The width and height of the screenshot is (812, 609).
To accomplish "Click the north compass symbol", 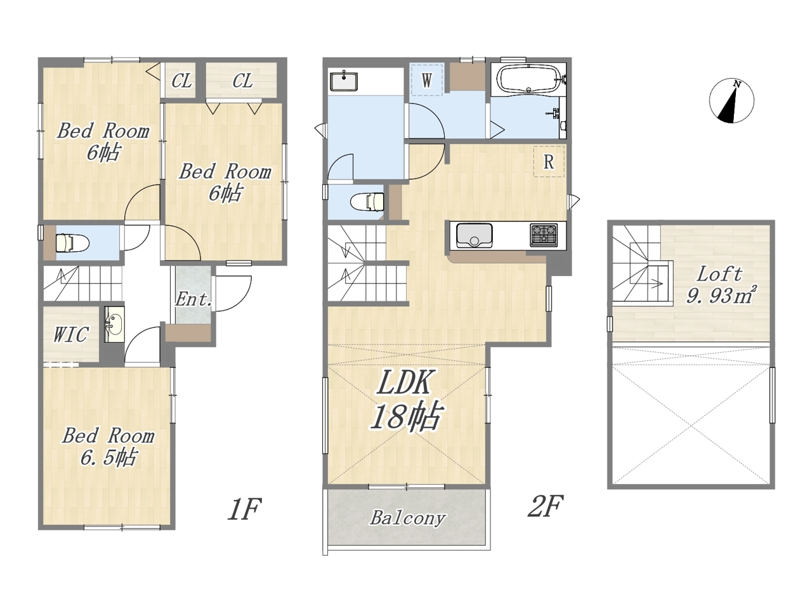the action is click(x=731, y=101).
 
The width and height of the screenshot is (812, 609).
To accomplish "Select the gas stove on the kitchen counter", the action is click(x=544, y=235).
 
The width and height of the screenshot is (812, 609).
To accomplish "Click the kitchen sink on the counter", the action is click(x=474, y=235).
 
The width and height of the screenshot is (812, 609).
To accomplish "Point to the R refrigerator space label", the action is click(x=549, y=162).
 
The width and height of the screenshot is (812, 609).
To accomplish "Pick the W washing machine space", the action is click(x=426, y=80).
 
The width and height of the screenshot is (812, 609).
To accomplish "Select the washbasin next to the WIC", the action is click(x=114, y=324).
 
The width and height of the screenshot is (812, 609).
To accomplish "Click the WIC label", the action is click(x=70, y=335).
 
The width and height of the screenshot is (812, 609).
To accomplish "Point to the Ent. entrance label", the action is click(x=193, y=299).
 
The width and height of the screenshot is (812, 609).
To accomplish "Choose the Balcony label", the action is click(x=407, y=518).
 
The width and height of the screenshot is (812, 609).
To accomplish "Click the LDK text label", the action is click(x=404, y=382).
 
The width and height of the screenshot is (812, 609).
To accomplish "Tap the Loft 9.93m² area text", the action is click(x=719, y=285).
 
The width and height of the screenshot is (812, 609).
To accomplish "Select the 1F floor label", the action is click(x=244, y=509).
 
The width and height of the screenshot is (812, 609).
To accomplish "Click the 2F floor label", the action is click(x=545, y=506).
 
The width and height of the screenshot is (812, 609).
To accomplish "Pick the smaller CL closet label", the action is click(x=181, y=81).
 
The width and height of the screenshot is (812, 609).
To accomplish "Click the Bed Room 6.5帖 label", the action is click(x=108, y=447).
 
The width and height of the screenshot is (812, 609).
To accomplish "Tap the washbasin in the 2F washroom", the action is click(x=344, y=81).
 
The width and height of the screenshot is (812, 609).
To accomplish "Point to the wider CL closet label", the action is click(x=243, y=81).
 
